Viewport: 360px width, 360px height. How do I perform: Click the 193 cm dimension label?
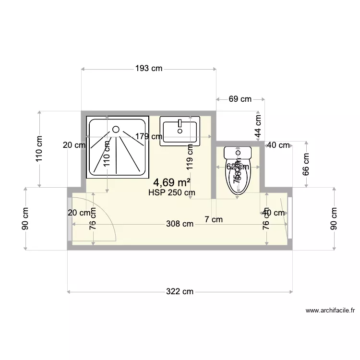[149, 69]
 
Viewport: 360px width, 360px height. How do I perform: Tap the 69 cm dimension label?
[240, 99]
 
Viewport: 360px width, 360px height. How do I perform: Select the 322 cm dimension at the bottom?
[180, 291]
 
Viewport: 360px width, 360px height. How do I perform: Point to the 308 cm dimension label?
[180, 223]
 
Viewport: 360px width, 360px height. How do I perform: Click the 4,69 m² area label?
[171, 182]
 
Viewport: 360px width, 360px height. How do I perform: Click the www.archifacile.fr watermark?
[330, 311]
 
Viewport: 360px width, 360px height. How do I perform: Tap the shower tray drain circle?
[116, 129]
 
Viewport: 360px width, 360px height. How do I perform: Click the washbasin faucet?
[180, 124]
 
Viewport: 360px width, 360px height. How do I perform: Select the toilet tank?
[238, 153]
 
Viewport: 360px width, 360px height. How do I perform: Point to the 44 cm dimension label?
[258, 126]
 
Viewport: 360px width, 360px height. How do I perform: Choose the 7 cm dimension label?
[214, 220]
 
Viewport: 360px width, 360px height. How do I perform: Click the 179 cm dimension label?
[148, 136]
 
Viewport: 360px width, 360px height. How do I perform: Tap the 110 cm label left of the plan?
[39, 148]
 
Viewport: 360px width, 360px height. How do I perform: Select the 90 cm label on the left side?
[25, 219]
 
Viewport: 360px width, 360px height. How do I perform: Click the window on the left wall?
[70, 219]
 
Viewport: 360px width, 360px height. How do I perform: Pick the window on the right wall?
[290, 219]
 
